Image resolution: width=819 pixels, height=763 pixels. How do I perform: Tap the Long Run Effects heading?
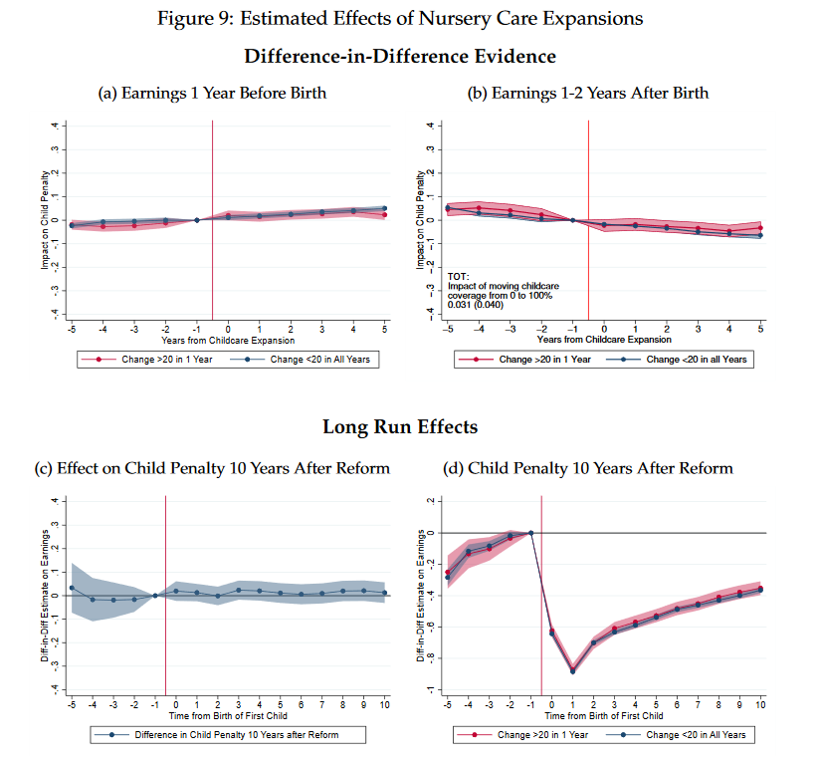point(400,426)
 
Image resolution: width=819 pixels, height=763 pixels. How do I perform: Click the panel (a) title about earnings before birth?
point(212,93)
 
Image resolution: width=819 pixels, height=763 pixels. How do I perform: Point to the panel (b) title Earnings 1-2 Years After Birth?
point(588,93)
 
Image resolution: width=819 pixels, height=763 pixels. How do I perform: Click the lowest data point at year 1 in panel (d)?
point(572,670)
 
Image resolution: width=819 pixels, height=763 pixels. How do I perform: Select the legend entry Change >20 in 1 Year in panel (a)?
point(147,359)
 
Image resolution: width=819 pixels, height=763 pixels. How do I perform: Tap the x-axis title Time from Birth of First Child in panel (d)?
point(603,714)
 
